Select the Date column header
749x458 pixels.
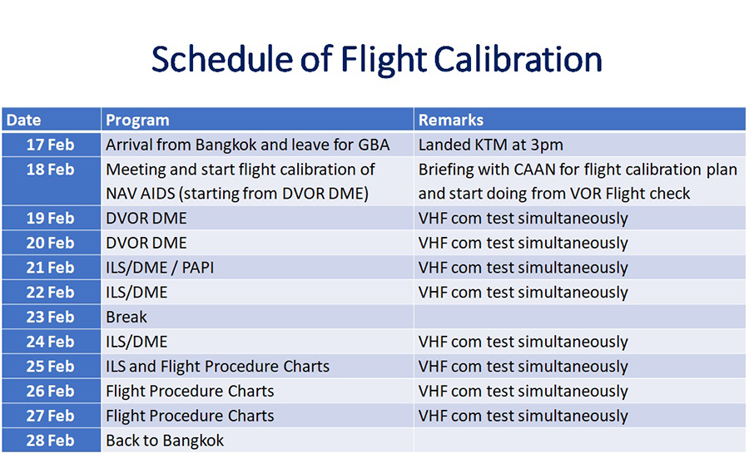coord(51,120)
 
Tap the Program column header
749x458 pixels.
coord(257,120)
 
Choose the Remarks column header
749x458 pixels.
coord(579,120)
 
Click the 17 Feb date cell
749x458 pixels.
coord(51,145)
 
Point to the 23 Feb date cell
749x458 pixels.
coord(51,317)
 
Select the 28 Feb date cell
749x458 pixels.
coord(51,441)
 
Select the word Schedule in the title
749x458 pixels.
coord(221,59)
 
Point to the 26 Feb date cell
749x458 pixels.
coord(51,391)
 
